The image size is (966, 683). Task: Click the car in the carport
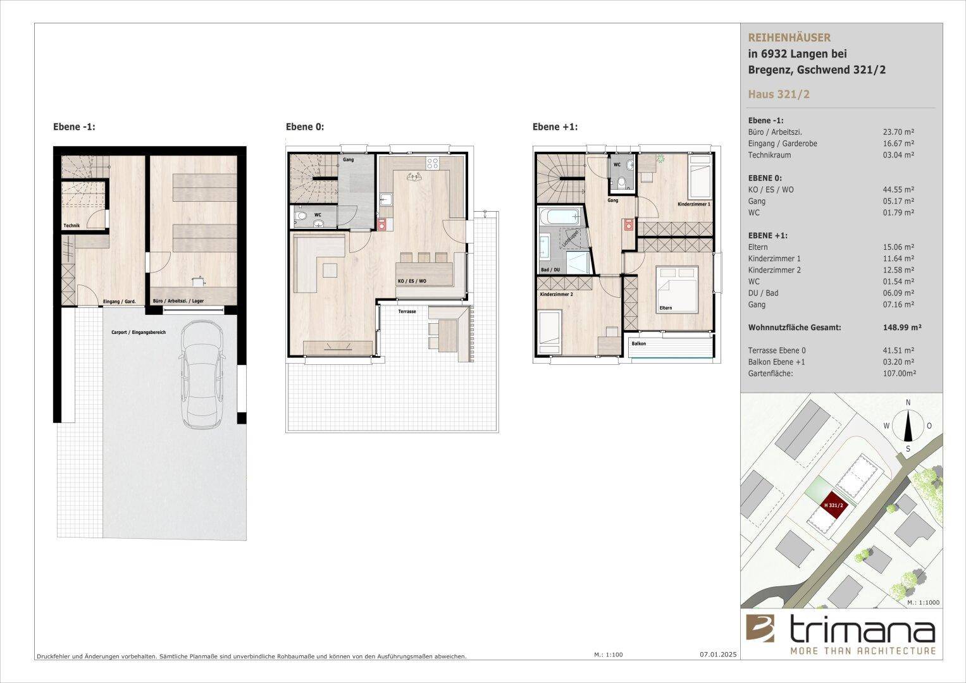point(202,374)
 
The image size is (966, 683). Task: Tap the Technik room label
point(71,226)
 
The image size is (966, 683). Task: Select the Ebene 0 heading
point(305,126)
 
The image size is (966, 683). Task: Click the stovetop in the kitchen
point(433,163)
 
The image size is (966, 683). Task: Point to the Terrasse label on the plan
point(407,311)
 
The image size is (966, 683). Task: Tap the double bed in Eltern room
point(677,289)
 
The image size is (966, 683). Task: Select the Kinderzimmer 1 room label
point(694,204)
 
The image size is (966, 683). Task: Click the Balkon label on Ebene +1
point(639,343)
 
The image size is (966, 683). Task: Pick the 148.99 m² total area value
point(902,328)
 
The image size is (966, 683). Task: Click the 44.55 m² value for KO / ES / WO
point(898,189)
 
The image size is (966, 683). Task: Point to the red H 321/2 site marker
point(833,505)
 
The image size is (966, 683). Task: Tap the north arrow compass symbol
point(908,425)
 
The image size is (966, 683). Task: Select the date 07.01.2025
point(719,655)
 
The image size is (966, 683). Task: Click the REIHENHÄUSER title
point(783,38)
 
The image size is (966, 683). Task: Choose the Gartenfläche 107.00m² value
point(900,373)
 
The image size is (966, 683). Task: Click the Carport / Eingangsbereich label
point(139,332)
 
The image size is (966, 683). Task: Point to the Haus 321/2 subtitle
point(779,94)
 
